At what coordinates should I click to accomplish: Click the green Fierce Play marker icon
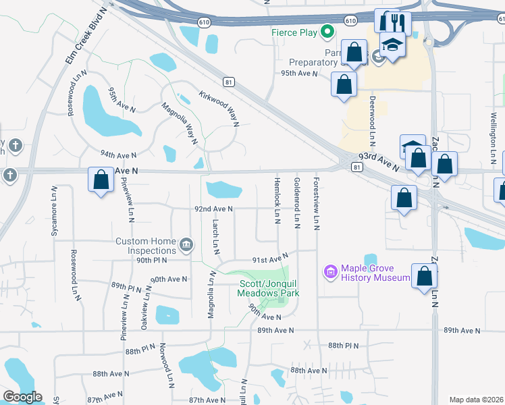[x=327, y=31]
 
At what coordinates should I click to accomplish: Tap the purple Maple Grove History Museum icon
[x=330, y=272]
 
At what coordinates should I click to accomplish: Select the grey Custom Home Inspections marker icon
[x=187, y=242]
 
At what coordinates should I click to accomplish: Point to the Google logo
[x=22, y=397]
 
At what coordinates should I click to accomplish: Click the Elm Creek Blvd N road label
[x=86, y=36]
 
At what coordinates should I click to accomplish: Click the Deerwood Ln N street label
[x=372, y=121]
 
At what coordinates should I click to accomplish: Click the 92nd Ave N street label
[x=213, y=209]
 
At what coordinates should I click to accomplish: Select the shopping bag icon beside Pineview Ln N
[x=101, y=180]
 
